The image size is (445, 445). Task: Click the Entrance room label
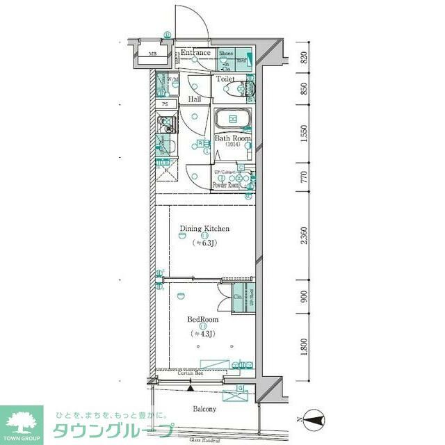[196, 53]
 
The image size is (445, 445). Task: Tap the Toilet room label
[225, 79]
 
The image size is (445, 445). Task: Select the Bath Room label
[232, 138]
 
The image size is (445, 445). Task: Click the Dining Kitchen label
[204, 229]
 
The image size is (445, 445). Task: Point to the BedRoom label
[203, 320]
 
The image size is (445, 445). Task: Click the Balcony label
[204, 410]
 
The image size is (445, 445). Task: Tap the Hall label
[195, 99]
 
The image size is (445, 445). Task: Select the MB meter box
[152, 54]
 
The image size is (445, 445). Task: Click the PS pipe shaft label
[165, 104]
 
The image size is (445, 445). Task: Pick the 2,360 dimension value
[304, 236]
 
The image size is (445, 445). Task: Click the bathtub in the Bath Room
[232, 120]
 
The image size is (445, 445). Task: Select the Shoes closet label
[227, 54]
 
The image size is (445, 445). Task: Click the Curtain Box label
[188, 375]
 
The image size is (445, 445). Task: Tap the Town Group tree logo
[22, 421]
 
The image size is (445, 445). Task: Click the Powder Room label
[226, 186]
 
